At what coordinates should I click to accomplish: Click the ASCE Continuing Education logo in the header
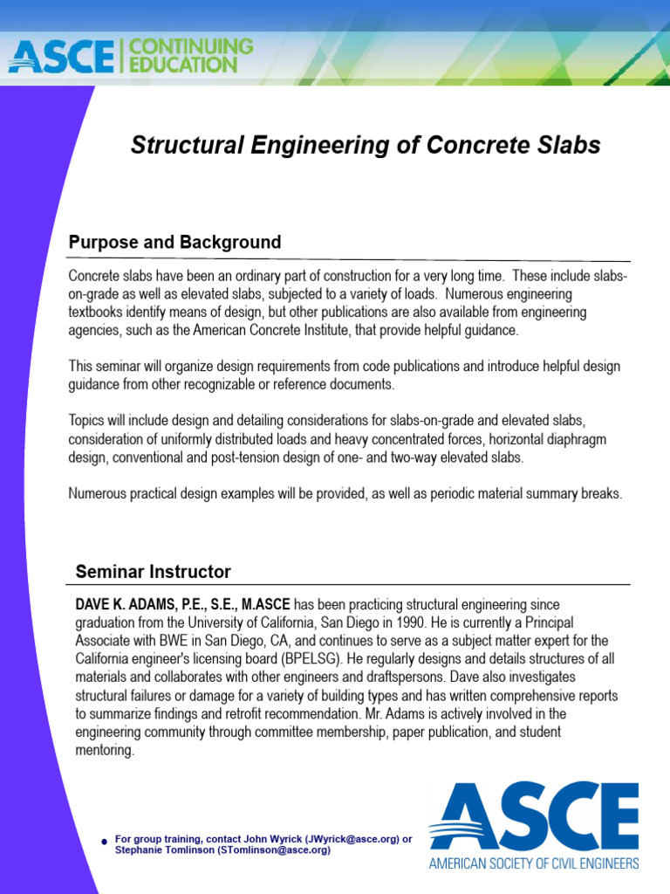tap(131, 55)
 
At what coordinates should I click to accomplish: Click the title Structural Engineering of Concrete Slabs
tap(366, 146)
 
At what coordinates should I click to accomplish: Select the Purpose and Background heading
tap(174, 243)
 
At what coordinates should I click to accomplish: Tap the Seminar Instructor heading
tap(153, 573)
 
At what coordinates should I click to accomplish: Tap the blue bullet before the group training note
tap(104, 842)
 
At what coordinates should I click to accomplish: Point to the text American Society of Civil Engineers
tap(533, 863)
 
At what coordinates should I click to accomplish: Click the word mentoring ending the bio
tap(104, 749)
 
